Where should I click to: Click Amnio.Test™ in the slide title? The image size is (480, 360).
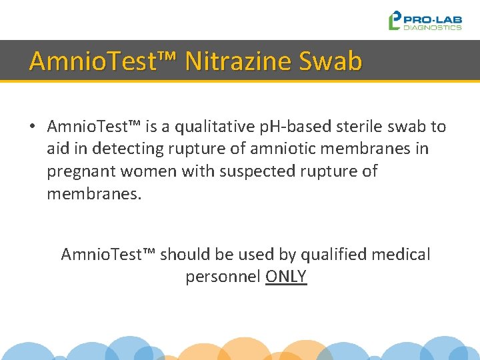pyautogui.click(x=103, y=61)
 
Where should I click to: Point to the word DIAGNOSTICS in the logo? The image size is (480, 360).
pyautogui.click(x=433, y=28)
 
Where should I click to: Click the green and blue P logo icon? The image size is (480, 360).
pyautogui.click(x=395, y=21)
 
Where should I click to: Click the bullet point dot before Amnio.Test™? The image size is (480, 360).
pyautogui.click(x=32, y=127)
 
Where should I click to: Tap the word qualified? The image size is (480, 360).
pyautogui.click(x=333, y=254)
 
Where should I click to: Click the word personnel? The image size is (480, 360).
pyautogui.click(x=223, y=277)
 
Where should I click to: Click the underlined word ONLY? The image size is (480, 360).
pyautogui.click(x=286, y=277)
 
